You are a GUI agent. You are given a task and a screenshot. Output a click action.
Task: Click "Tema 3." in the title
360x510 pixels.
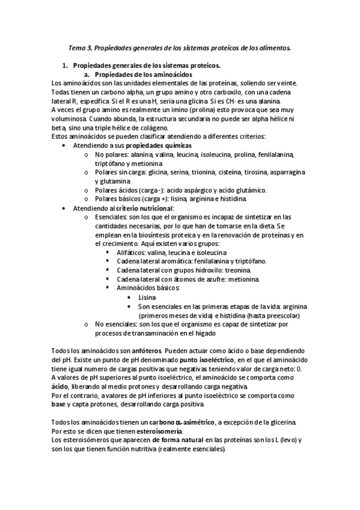click(79, 48)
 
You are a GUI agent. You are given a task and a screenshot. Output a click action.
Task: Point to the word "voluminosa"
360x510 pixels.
click(72, 119)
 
